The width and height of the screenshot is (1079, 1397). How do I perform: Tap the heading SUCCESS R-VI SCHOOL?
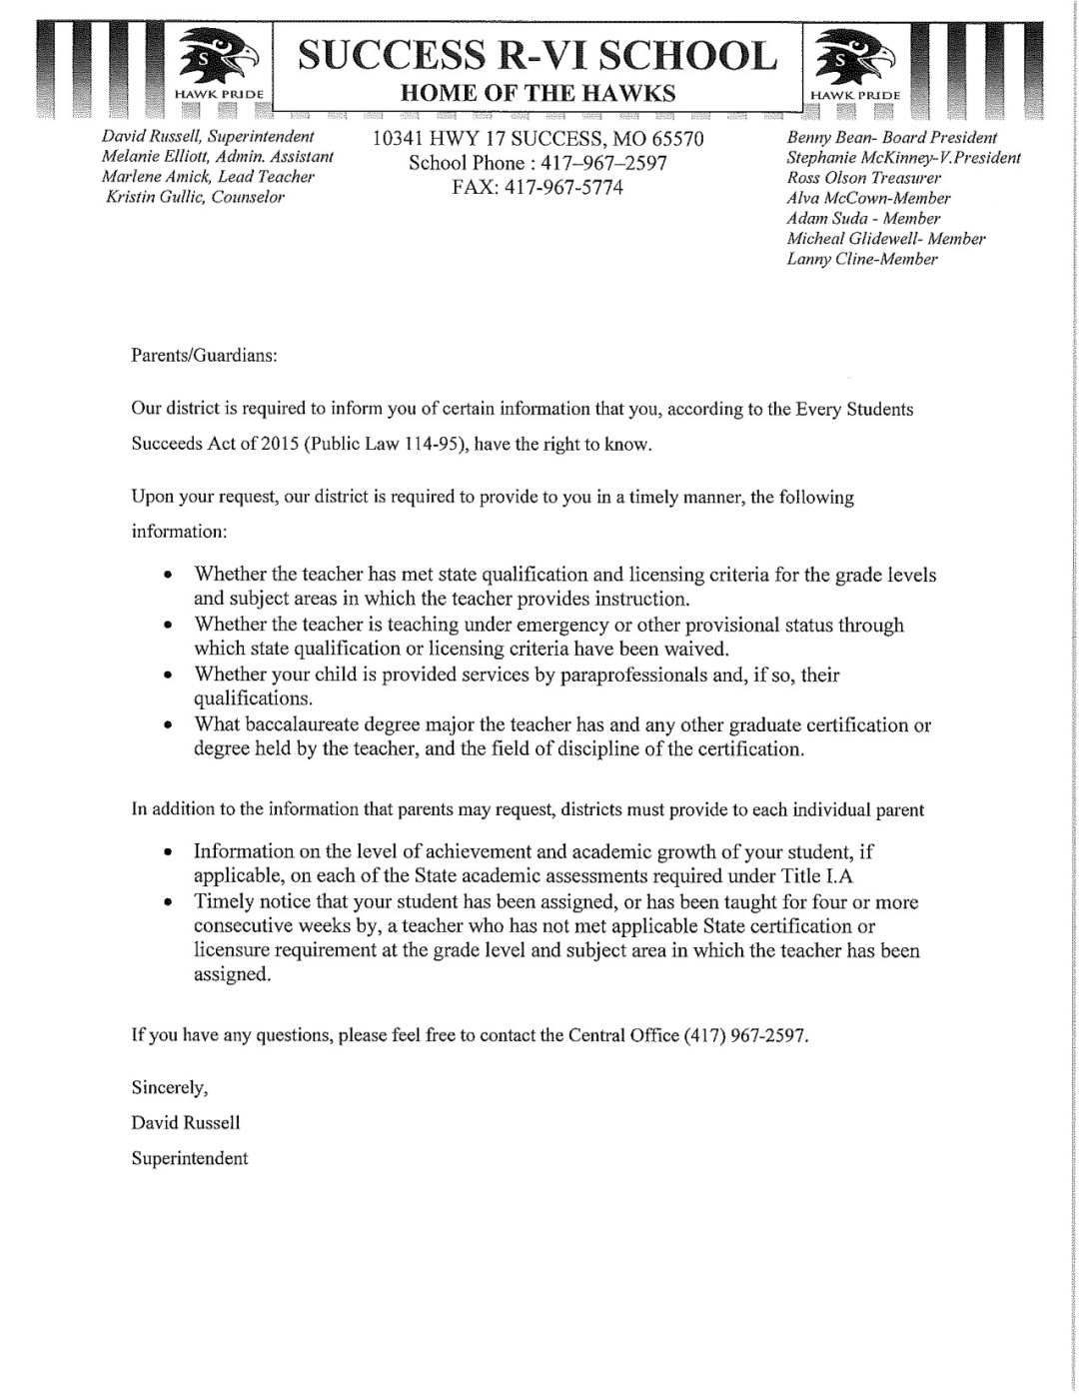(x=538, y=55)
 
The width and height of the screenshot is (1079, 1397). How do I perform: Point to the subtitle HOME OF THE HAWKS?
(x=538, y=94)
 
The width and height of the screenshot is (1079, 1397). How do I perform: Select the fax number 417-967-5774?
(x=538, y=187)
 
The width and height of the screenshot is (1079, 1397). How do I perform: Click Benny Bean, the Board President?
(x=892, y=137)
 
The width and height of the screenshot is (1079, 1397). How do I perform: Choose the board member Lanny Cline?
(x=862, y=259)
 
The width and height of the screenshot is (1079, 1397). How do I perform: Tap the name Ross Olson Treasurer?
(x=864, y=178)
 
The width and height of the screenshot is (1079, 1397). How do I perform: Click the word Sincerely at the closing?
(x=169, y=1086)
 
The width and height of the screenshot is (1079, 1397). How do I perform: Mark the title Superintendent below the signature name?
(x=190, y=1158)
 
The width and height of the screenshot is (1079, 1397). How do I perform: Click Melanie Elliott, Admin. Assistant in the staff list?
(x=218, y=157)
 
